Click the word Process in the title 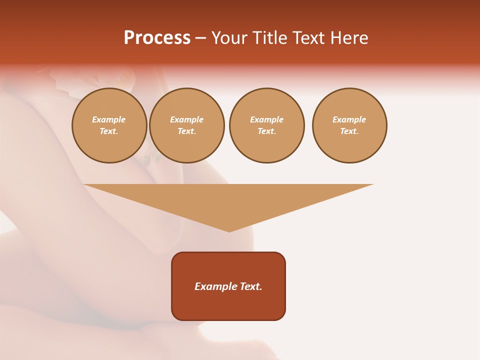[157, 38]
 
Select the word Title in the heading [270, 38]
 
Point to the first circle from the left [109, 125]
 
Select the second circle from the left [187, 125]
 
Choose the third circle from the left [266, 125]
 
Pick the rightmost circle [349, 125]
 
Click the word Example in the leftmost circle [109, 120]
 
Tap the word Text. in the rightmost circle [349, 131]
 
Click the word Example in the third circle [266, 120]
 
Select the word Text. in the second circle [187, 131]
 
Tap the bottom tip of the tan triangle [229, 230]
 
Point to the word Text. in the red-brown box [251, 286]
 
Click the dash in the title [200, 38]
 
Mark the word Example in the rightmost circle [349, 120]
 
